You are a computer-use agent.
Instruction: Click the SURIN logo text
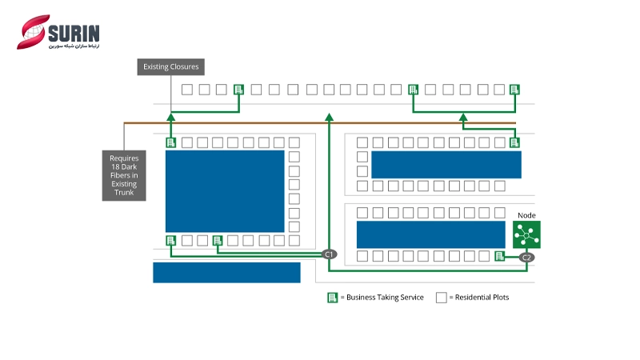click(x=73, y=33)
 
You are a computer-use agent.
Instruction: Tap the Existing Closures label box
click(x=170, y=66)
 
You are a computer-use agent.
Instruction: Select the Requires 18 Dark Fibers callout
click(x=124, y=175)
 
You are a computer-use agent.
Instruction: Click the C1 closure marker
click(x=329, y=254)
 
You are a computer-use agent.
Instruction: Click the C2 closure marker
click(x=526, y=258)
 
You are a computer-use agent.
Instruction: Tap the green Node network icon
click(x=526, y=235)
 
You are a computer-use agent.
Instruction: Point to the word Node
click(x=526, y=214)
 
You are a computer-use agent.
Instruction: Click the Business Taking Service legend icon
click(x=332, y=297)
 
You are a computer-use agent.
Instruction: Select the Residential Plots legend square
click(x=441, y=297)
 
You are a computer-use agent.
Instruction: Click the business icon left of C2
click(x=499, y=256)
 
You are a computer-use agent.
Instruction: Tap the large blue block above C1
click(x=225, y=190)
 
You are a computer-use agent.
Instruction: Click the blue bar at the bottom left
click(x=226, y=272)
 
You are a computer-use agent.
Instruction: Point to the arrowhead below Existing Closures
click(x=170, y=117)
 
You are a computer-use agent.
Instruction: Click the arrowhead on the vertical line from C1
click(x=329, y=118)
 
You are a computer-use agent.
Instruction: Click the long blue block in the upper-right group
click(x=446, y=164)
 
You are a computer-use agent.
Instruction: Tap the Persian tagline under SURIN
click(x=73, y=46)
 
